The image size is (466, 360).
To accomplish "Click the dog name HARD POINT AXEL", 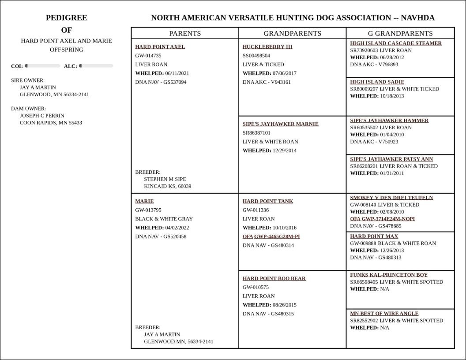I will point(160,47).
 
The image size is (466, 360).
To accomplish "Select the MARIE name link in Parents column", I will point(144,201).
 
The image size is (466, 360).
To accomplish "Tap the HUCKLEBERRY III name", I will point(267,47).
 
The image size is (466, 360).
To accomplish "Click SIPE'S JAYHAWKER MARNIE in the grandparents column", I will point(280,124).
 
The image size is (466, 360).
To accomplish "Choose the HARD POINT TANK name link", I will point(267,201).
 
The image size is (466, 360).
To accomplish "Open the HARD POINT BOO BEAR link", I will point(274,278).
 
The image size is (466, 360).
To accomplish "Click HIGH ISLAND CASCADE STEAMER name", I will point(396,43).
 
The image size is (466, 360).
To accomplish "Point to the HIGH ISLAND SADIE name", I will point(377,82).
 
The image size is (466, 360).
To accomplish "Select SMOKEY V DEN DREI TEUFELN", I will point(391,198).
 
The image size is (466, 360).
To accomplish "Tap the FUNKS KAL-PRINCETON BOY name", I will point(389,275).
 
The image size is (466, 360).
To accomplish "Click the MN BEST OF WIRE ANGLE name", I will point(384,314).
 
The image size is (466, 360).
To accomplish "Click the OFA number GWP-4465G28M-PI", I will point(277,236).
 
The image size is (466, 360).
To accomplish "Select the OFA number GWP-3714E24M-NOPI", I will point(388,219).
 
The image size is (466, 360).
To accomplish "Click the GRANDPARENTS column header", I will point(292,34).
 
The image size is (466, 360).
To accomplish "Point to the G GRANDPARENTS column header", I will point(400,34).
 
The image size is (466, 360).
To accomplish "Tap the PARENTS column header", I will point(185,34).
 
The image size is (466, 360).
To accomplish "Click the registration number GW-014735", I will point(148,56).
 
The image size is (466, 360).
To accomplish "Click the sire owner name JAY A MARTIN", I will point(38,87).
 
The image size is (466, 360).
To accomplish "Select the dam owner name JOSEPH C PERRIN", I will point(42,116).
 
